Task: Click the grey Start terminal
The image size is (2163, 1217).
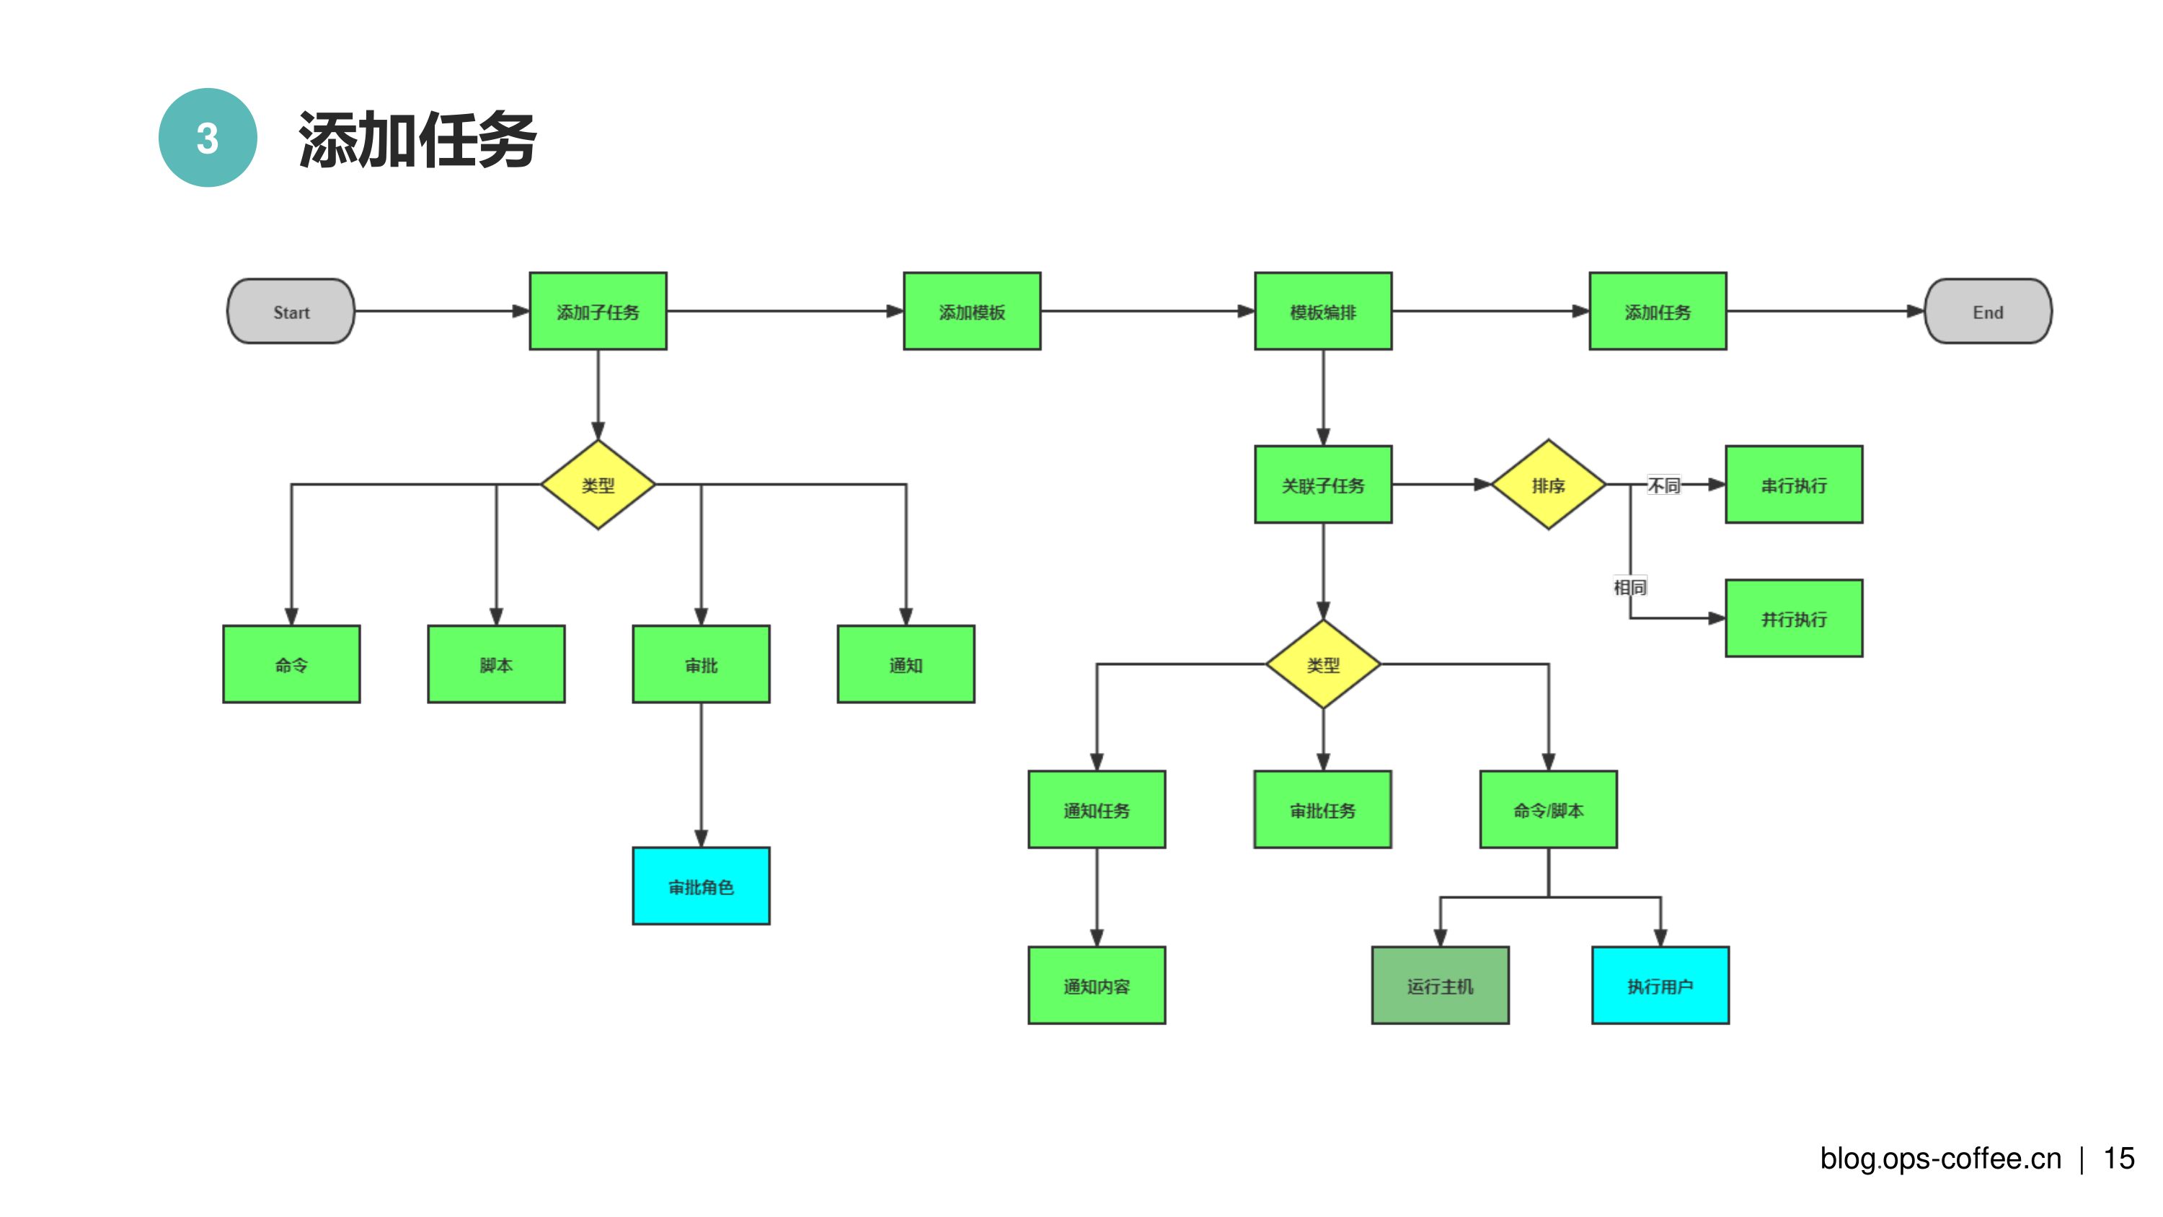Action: click(291, 312)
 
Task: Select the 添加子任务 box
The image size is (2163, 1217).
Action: click(598, 312)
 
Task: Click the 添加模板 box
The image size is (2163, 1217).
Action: click(971, 312)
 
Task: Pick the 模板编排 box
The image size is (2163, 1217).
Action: click(1322, 312)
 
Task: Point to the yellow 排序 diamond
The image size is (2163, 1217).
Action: click(1547, 485)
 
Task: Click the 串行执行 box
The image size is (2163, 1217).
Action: click(1794, 485)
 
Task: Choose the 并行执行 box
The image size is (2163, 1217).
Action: click(1794, 618)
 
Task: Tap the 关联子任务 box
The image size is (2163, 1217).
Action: click(1322, 485)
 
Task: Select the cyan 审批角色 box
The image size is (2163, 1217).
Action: click(700, 886)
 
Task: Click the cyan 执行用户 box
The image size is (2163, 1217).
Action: click(1659, 985)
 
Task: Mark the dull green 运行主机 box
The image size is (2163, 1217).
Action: click(1439, 985)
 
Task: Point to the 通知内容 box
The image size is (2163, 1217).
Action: click(1096, 985)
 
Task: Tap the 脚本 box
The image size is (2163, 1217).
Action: click(495, 664)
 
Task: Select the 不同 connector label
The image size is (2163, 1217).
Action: click(1663, 485)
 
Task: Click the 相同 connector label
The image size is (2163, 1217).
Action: click(1629, 586)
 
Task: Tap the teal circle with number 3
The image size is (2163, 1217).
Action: click(208, 138)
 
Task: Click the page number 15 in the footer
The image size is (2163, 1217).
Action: click(2118, 1159)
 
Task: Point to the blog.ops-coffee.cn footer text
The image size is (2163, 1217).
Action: click(1939, 1159)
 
